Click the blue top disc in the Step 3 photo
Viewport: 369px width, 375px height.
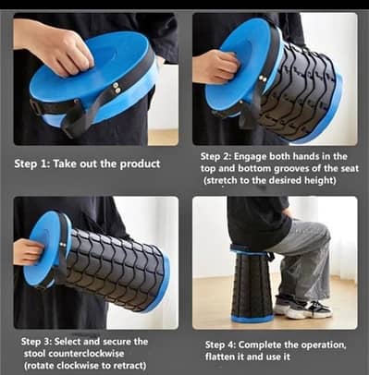(44, 248)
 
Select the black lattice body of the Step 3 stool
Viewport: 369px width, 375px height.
(116, 268)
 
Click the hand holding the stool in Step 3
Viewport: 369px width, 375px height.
(28, 251)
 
